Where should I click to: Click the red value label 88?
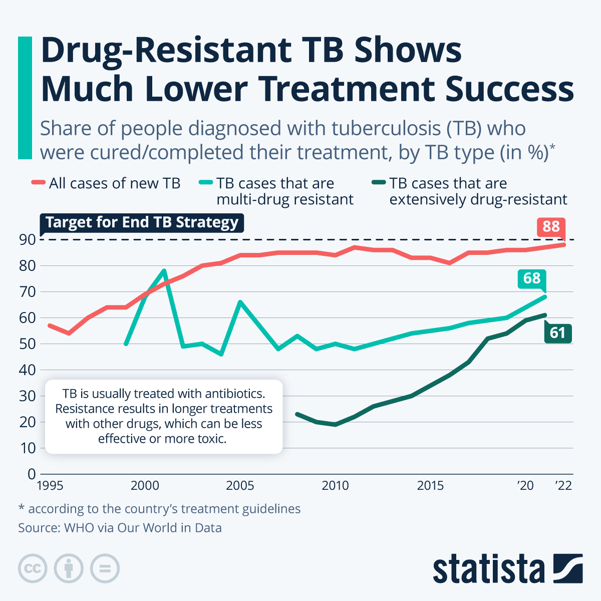pyautogui.click(x=551, y=226)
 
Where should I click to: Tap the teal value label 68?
pyautogui.click(x=532, y=278)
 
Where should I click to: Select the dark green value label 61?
pyautogui.click(x=557, y=333)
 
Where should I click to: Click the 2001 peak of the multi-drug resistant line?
pyautogui.click(x=164, y=271)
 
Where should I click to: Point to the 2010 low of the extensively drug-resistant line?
pyautogui.click(x=335, y=424)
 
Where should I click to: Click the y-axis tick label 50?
pyautogui.click(x=28, y=344)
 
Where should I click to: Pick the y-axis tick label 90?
pyautogui.click(x=28, y=240)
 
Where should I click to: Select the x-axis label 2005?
pyautogui.click(x=240, y=486)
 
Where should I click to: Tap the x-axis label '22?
pyautogui.click(x=563, y=486)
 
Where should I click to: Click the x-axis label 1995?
pyautogui.click(x=50, y=486)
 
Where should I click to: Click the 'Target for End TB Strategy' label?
pyautogui.click(x=142, y=222)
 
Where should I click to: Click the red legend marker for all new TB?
pyautogui.click(x=38, y=183)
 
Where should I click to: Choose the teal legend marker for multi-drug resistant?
pyautogui.click(x=206, y=183)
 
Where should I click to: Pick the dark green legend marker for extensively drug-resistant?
pyautogui.click(x=379, y=183)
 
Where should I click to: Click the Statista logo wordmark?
pyautogui.click(x=488, y=569)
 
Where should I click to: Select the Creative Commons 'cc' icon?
pyautogui.click(x=33, y=569)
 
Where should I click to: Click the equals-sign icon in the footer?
pyautogui.click(x=105, y=569)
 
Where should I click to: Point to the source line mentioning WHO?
pyautogui.click(x=120, y=528)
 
